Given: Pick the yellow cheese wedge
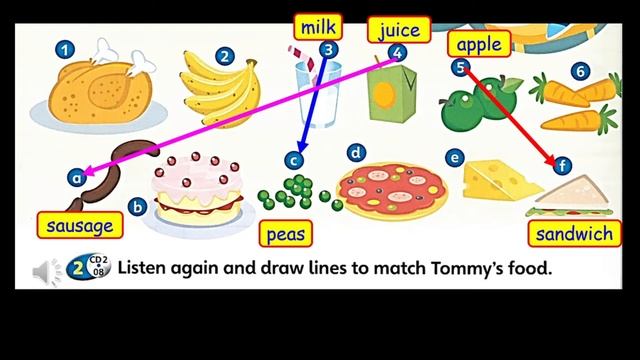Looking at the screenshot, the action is point(500,180).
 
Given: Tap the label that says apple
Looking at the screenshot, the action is point(478,44).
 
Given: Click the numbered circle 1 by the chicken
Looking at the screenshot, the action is point(65,48).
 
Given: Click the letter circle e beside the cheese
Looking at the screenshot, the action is point(455,158).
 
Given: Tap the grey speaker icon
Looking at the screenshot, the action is point(46,270).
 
